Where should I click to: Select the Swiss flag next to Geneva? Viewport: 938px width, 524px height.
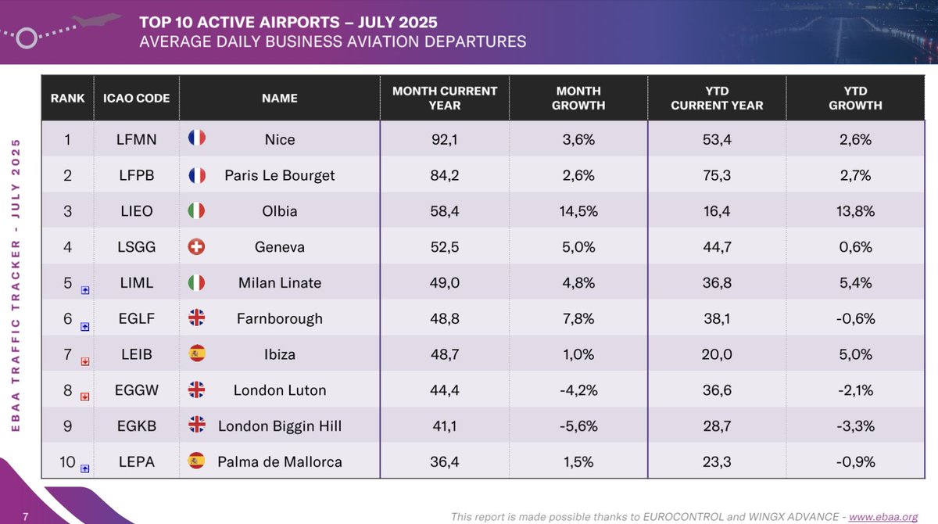[196, 247]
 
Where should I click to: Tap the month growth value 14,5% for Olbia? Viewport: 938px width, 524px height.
[579, 211]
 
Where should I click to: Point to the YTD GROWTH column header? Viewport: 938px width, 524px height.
[855, 98]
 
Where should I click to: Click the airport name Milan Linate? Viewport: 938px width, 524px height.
[280, 283]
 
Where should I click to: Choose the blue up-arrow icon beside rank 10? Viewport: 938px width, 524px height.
[85, 468]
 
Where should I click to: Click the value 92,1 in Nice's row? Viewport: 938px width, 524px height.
[444, 139]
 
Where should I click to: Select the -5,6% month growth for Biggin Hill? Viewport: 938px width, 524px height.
[579, 426]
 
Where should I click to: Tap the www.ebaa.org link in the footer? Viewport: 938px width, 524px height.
[883, 516]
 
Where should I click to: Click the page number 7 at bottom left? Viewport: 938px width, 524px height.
[25, 516]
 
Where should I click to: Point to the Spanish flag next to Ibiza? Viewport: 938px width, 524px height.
[196, 354]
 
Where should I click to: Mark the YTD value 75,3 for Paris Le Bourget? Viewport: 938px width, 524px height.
[717, 175]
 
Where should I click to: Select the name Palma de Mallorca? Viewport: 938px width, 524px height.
[280, 462]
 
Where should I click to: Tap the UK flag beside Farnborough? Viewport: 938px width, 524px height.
[196, 318]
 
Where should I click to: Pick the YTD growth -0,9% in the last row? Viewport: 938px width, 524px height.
[855, 462]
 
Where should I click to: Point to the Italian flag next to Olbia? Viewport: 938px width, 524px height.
[196, 211]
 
